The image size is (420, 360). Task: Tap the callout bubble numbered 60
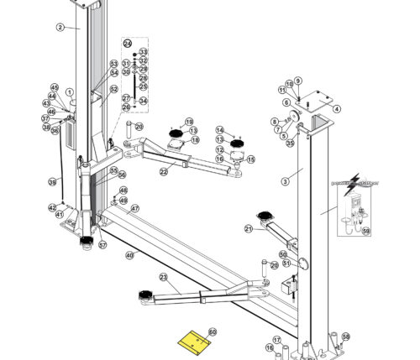(213, 332)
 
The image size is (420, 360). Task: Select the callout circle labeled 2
(60, 27)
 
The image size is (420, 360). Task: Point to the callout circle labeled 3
(286, 180)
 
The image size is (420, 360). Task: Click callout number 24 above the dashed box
(128, 43)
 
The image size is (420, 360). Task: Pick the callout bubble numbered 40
(129, 254)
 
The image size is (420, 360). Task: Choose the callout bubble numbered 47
(134, 208)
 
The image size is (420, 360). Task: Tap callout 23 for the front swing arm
(163, 277)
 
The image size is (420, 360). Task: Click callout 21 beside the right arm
(249, 228)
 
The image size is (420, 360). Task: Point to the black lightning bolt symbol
(354, 179)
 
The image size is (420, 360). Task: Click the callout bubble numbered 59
(365, 230)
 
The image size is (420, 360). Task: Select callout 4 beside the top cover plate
(337, 109)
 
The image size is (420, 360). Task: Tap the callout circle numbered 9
(297, 81)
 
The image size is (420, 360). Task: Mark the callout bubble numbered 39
(52, 181)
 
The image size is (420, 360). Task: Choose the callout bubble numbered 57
(102, 246)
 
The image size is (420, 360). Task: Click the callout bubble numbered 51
(286, 263)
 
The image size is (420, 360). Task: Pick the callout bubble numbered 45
(55, 88)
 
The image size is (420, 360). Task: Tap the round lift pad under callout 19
(176, 133)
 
